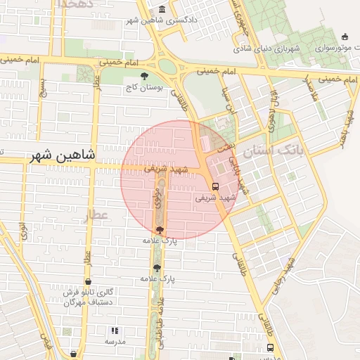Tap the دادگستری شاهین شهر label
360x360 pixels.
pyautogui.click(x=162, y=20)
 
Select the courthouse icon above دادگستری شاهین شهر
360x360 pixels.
pyautogui.click(x=162, y=9)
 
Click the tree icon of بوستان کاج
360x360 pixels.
pyautogui.click(x=144, y=76)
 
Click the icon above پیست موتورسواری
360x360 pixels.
pyautogui.click(x=345, y=37)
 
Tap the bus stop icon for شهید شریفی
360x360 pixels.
pyautogui.click(x=215, y=187)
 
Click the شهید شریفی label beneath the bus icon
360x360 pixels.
pyautogui.click(x=214, y=198)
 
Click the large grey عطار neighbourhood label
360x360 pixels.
pyautogui.click(x=96, y=215)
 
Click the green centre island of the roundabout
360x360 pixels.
pyautogui.click(x=167, y=67)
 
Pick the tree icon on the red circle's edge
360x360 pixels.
pyautogui.click(x=160, y=230)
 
